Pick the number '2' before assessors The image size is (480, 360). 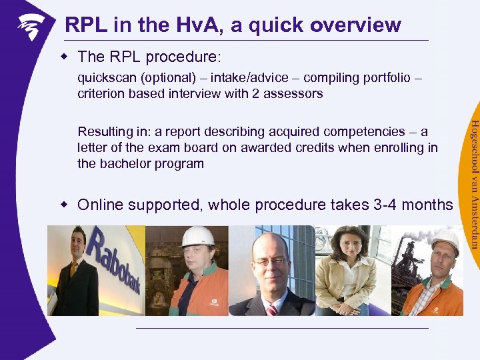pyautogui.click(x=255, y=94)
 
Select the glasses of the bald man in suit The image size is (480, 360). pyautogui.click(x=271, y=261)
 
